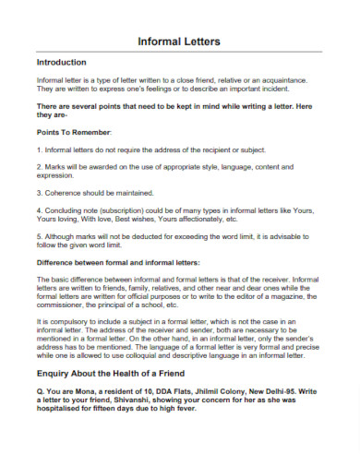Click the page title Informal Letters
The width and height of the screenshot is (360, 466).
pos(179,42)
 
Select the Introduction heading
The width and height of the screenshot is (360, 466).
pos(60,63)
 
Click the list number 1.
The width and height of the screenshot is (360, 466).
pos(38,149)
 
